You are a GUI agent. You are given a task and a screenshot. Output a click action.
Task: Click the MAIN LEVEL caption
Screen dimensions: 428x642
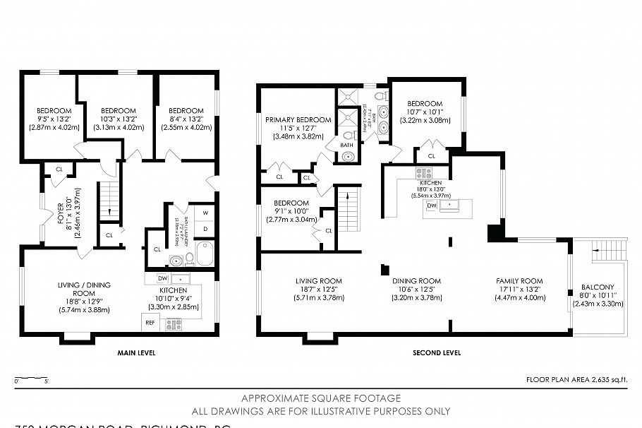tap(136, 352)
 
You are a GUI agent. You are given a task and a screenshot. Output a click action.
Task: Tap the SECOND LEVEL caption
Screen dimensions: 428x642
tap(437, 352)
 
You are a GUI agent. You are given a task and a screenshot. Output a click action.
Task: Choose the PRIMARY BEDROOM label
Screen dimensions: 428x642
tap(298, 120)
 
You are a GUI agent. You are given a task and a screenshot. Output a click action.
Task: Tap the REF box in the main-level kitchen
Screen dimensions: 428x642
tap(150, 322)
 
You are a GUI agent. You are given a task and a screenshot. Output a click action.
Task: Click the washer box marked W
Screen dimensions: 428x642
tap(205, 213)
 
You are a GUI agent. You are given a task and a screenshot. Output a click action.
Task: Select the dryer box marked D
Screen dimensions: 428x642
tap(205, 229)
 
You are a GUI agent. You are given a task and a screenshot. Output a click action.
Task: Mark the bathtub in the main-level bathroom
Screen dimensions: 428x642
tap(205, 253)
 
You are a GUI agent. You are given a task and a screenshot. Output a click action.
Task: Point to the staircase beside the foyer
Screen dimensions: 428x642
tap(108, 199)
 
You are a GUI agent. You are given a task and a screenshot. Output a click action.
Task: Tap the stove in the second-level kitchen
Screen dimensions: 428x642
tap(423, 172)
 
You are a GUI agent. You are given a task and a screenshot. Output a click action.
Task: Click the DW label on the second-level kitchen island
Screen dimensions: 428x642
tap(432, 205)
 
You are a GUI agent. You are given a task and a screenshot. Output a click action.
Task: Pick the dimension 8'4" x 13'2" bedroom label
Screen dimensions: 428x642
tap(186, 119)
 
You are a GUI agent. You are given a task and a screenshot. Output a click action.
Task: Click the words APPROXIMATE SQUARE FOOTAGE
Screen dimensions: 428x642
tap(320, 398)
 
